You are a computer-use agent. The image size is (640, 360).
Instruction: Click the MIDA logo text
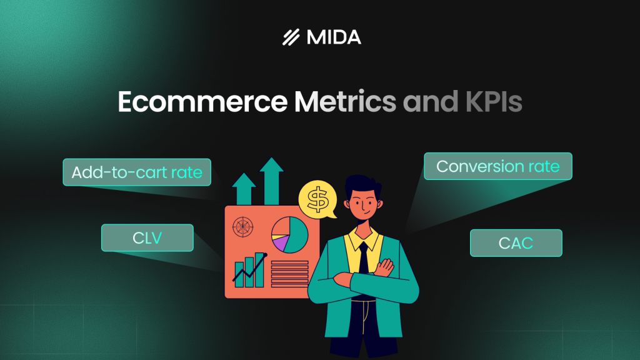coord(334,37)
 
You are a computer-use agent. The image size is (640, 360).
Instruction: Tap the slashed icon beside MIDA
coord(291,37)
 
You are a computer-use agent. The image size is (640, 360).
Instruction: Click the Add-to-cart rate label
coord(137,172)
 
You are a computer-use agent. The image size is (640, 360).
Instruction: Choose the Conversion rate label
coord(497,166)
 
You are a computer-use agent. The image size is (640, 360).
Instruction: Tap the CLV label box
coord(147,237)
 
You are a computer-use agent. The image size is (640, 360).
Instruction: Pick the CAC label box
coord(516,243)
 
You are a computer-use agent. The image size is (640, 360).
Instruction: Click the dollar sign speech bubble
coord(318,199)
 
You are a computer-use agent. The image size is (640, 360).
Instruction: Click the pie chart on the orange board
coord(290,234)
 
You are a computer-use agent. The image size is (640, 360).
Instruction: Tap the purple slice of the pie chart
coord(281,242)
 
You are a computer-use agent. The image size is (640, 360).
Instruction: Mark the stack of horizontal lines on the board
coord(289,274)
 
